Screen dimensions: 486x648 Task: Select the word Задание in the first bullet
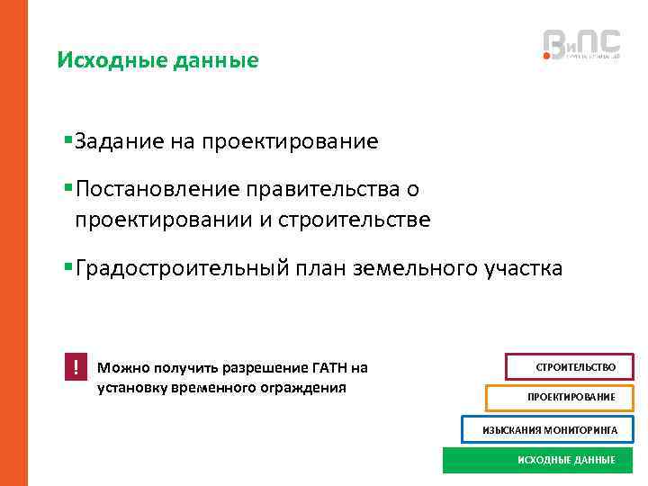point(116,141)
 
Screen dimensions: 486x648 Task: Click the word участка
point(522,268)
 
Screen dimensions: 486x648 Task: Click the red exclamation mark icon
point(76,367)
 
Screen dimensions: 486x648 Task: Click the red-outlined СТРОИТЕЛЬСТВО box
point(571,367)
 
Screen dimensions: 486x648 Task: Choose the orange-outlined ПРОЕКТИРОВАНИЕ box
point(560,398)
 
